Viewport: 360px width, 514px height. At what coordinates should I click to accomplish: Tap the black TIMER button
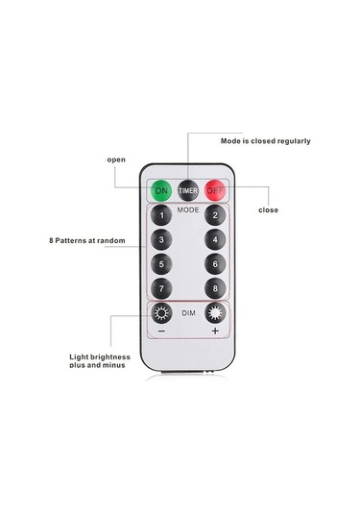(188, 191)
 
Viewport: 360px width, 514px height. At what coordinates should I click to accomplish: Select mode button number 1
(162, 216)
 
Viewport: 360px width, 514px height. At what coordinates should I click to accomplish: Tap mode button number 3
(162, 240)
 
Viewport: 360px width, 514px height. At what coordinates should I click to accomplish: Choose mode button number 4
(216, 240)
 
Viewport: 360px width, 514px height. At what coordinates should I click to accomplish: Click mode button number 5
(162, 264)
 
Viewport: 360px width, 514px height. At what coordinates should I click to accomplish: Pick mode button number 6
(216, 264)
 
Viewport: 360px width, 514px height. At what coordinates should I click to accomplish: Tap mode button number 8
(216, 288)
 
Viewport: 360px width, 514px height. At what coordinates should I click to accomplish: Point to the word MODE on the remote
(188, 208)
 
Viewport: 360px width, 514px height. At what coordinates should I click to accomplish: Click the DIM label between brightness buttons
(188, 312)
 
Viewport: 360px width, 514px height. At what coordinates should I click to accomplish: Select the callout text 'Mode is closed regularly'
(265, 141)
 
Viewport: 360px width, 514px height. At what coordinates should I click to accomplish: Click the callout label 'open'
(116, 159)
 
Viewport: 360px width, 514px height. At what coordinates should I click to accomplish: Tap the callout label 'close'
(270, 209)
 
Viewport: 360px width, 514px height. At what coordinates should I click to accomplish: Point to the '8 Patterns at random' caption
(88, 240)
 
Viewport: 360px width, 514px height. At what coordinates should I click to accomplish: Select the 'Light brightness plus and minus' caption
(99, 361)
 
